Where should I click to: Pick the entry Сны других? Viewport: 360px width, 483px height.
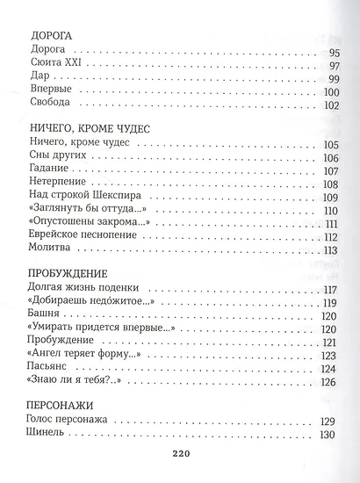pyautogui.click(x=56, y=155)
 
